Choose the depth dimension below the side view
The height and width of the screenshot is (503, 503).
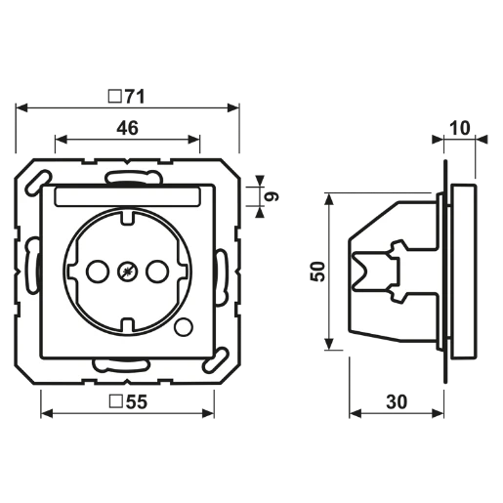[396, 401]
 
